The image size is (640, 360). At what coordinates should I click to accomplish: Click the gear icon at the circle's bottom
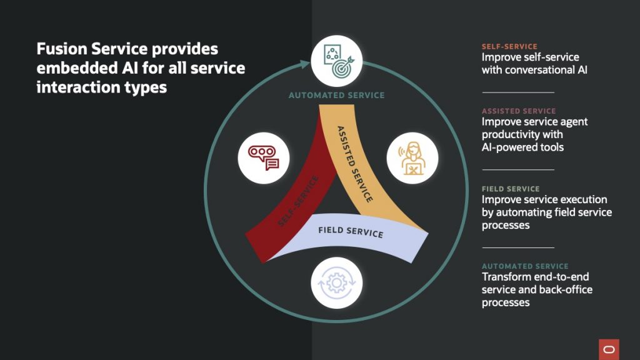pyautogui.click(x=336, y=283)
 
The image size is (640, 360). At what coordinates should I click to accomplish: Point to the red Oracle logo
pyautogui.click(x=608, y=349)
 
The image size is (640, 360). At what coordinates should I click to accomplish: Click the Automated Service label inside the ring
pyautogui.click(x=336, y=96)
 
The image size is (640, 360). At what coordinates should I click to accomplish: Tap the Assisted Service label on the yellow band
pyautogui.click(x=354, y=164)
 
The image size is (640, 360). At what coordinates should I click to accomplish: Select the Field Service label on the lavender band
pyautogui.click(x=351, y=231)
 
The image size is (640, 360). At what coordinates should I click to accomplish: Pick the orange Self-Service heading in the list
pyautogui.click(x=509, y=47)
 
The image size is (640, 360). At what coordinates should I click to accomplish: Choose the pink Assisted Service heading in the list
pyautogui.click(x=519, y=111)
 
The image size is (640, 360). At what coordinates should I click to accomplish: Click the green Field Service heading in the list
pyautogui.click(x=511, y=189)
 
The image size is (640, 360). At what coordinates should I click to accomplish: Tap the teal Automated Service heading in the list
pyautogui.click(x=525, y=266)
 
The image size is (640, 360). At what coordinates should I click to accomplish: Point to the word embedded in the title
pyautogui.click(x=67, y=68)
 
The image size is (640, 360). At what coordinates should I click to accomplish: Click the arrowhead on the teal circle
pyautogui.click(x=306, y=63)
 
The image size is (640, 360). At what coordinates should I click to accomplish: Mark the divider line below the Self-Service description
pyautogui.click(x=518, y=92)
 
